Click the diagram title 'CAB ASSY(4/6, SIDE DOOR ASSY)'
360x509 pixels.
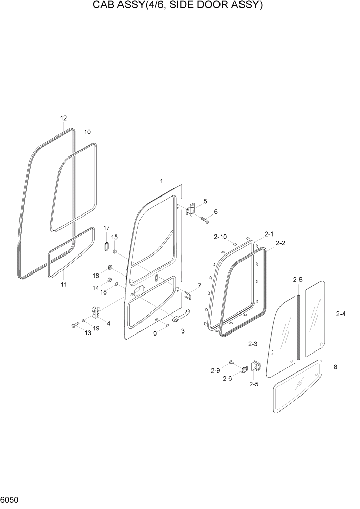pyautogui.click(x=179, y=6)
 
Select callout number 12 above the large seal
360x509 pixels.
pyautogui.click(x=63, y=119)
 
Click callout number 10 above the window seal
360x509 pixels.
pyautogui.click(x=87, y=131)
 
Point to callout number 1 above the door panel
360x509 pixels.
pyautogui.click(x=161, y=181)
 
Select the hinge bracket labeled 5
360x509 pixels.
pyautogui.click(x=192, y=209)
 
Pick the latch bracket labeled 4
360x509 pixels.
pyautogui.click(x=95, y=312)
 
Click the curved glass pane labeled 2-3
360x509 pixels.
pyautogui.click(x=281, y=339)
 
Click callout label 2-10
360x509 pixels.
pyautogui.click(x=221, y=237)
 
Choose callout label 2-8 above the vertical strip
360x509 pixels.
pyautogui.click(x=297, y=280)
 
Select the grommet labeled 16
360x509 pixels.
pyautogui.click(x=109, y=267)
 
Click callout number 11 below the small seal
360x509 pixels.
pyautogui.click(x=64, y=284)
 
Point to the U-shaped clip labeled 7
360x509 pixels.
pyautogui.click(x=187, y=293)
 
